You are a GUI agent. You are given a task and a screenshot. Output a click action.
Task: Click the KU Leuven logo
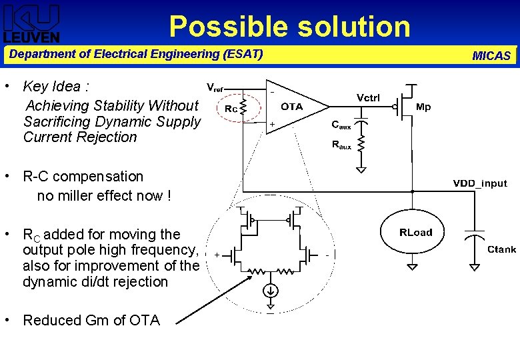tap(31, 24)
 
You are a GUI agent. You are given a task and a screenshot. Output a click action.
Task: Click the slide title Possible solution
tap(289, 27)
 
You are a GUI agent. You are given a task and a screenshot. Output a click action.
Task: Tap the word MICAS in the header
tap(491, 56)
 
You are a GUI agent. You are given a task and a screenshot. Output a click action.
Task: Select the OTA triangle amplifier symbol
tap(293, 107)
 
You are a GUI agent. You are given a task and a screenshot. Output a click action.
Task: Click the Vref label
tap(215, 87)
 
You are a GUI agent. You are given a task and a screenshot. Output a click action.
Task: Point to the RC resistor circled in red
tap(243, 107)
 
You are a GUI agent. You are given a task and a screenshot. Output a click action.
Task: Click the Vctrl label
tap(368, 97)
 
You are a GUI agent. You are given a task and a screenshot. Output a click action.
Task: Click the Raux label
tap(341, 145)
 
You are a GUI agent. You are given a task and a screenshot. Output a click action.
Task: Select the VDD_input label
tap(480, 183)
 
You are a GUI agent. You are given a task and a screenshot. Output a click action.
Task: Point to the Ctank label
tap(501, 249)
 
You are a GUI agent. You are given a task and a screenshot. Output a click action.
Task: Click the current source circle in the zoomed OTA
tap(271, 291)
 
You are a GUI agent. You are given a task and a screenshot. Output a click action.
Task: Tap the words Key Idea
tap(52, 87)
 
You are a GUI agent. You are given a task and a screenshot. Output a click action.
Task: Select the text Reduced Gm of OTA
tap(91, 321)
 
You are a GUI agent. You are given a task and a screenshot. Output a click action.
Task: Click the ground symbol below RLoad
tap(413, 267)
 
